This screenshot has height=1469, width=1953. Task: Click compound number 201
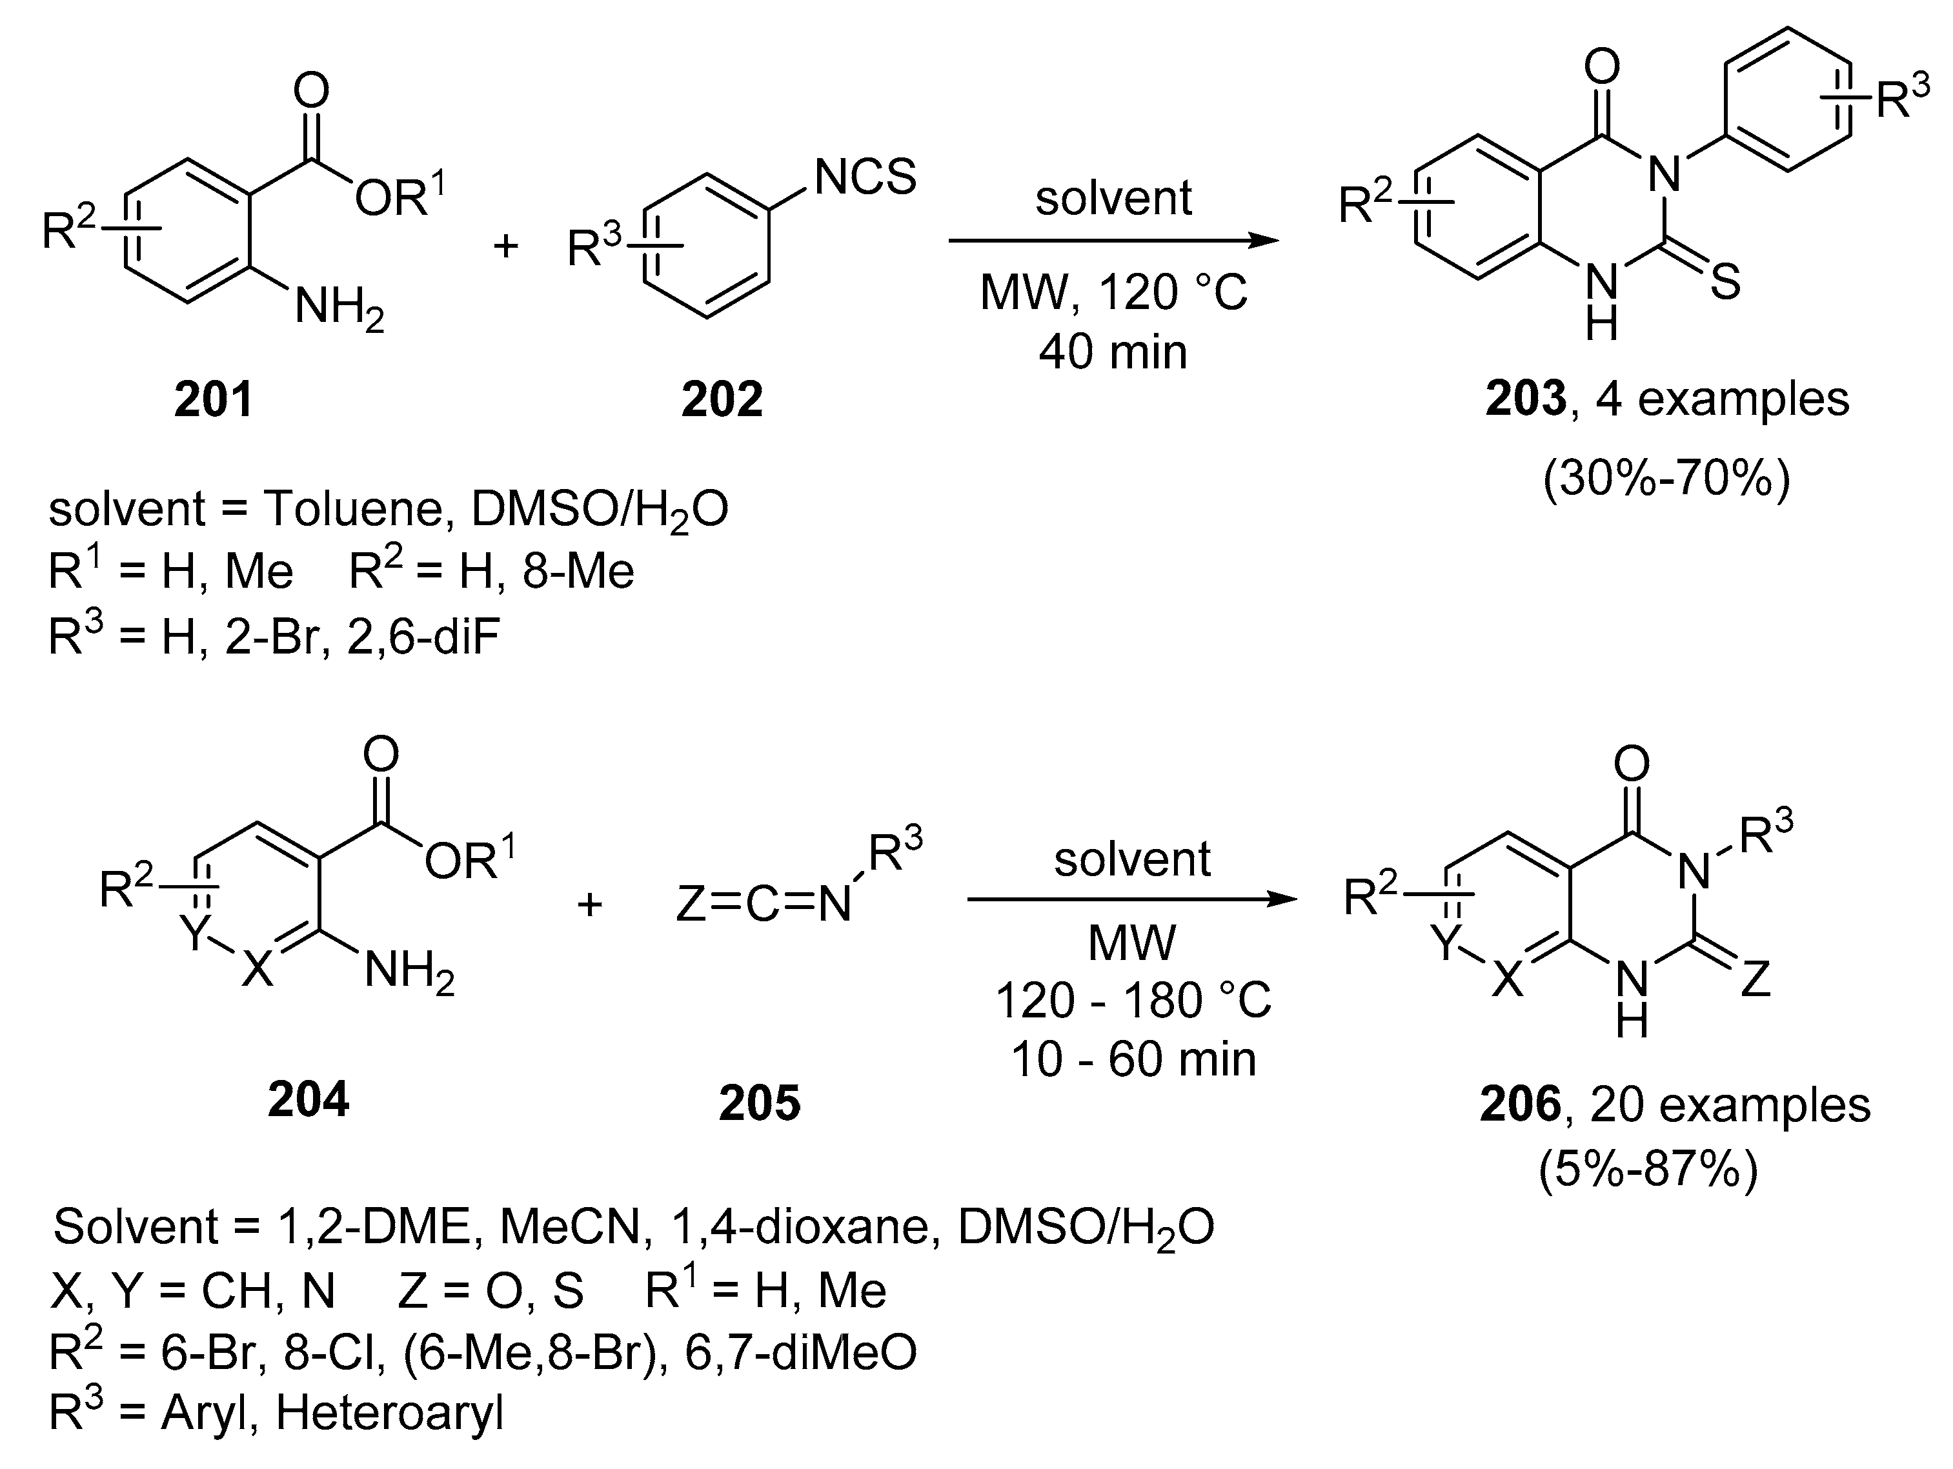[214, 399]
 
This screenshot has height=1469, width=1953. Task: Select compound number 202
[722, 399]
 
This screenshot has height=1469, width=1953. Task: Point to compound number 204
[308, 1099]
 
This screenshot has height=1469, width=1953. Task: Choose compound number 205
[759, 1103]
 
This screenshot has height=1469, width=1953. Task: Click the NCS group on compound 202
[865, 177]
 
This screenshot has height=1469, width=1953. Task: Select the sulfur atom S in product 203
[1725, 283]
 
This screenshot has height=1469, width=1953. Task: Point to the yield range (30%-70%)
[1666, 479]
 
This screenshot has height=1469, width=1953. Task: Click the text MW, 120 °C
[1113, 292]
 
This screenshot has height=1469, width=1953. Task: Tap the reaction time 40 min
[1113, 352]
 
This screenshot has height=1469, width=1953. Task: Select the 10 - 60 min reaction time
[1133, 1059]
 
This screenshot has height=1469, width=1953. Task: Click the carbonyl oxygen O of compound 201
[311, 90]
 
